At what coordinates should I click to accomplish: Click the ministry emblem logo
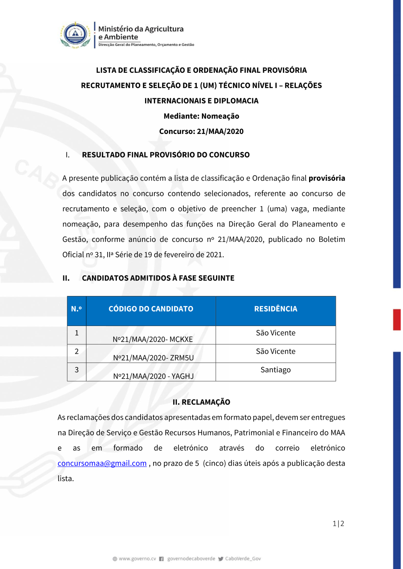[x=75, y=35]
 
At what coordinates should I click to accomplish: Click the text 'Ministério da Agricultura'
[x=141, y=29]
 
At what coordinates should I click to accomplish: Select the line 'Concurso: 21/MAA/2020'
[x=201, y=131]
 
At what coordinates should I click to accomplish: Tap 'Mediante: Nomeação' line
[x=201, y=116]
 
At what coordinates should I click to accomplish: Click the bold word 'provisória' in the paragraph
[x=326, y=178]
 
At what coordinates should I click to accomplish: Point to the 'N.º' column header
[x=77, y=309]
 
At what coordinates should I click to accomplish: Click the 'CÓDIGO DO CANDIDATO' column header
[x=151, y=309]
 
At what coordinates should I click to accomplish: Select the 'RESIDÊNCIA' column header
[x=276, y=309]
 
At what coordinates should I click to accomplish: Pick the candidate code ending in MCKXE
[x=153, y=339]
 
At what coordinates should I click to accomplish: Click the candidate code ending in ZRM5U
[x=153, y=358]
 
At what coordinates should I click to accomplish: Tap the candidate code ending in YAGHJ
[x=153, y=376]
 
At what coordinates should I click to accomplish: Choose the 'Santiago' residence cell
[x=276, y=370]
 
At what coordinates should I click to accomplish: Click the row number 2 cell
[x=77, y=351]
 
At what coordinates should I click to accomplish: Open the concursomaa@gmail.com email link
[x=102, y=463]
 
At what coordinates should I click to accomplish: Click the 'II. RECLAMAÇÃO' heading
[x=201, y=402]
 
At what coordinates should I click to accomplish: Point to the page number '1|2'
[x=338, y=524]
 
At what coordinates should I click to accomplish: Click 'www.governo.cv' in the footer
[x=137, y=559]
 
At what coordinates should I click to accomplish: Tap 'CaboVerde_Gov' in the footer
[x=243, y=559]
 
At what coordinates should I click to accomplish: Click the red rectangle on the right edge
[x=397, y=320]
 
